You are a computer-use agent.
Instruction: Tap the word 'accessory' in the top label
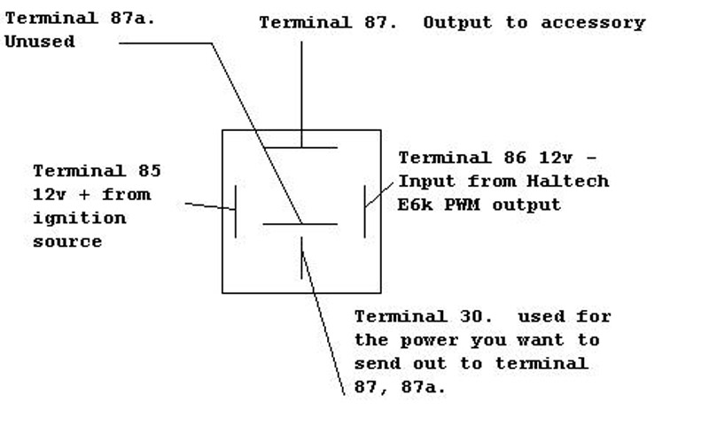click(x=601, y=23)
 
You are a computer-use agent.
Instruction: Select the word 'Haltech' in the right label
click(x=575, y=182)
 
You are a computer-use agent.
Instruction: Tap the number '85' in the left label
click(x=143, y=170)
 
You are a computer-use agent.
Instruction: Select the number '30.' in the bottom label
click(x=478, y=316)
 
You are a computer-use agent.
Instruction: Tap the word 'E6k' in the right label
click(x=416, y=205)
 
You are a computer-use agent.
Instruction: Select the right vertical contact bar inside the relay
click(x=364, y=211)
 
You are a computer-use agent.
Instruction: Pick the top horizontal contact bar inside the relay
click(x=301, y=147)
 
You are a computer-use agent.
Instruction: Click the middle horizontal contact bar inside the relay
click(x=300, y=224)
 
